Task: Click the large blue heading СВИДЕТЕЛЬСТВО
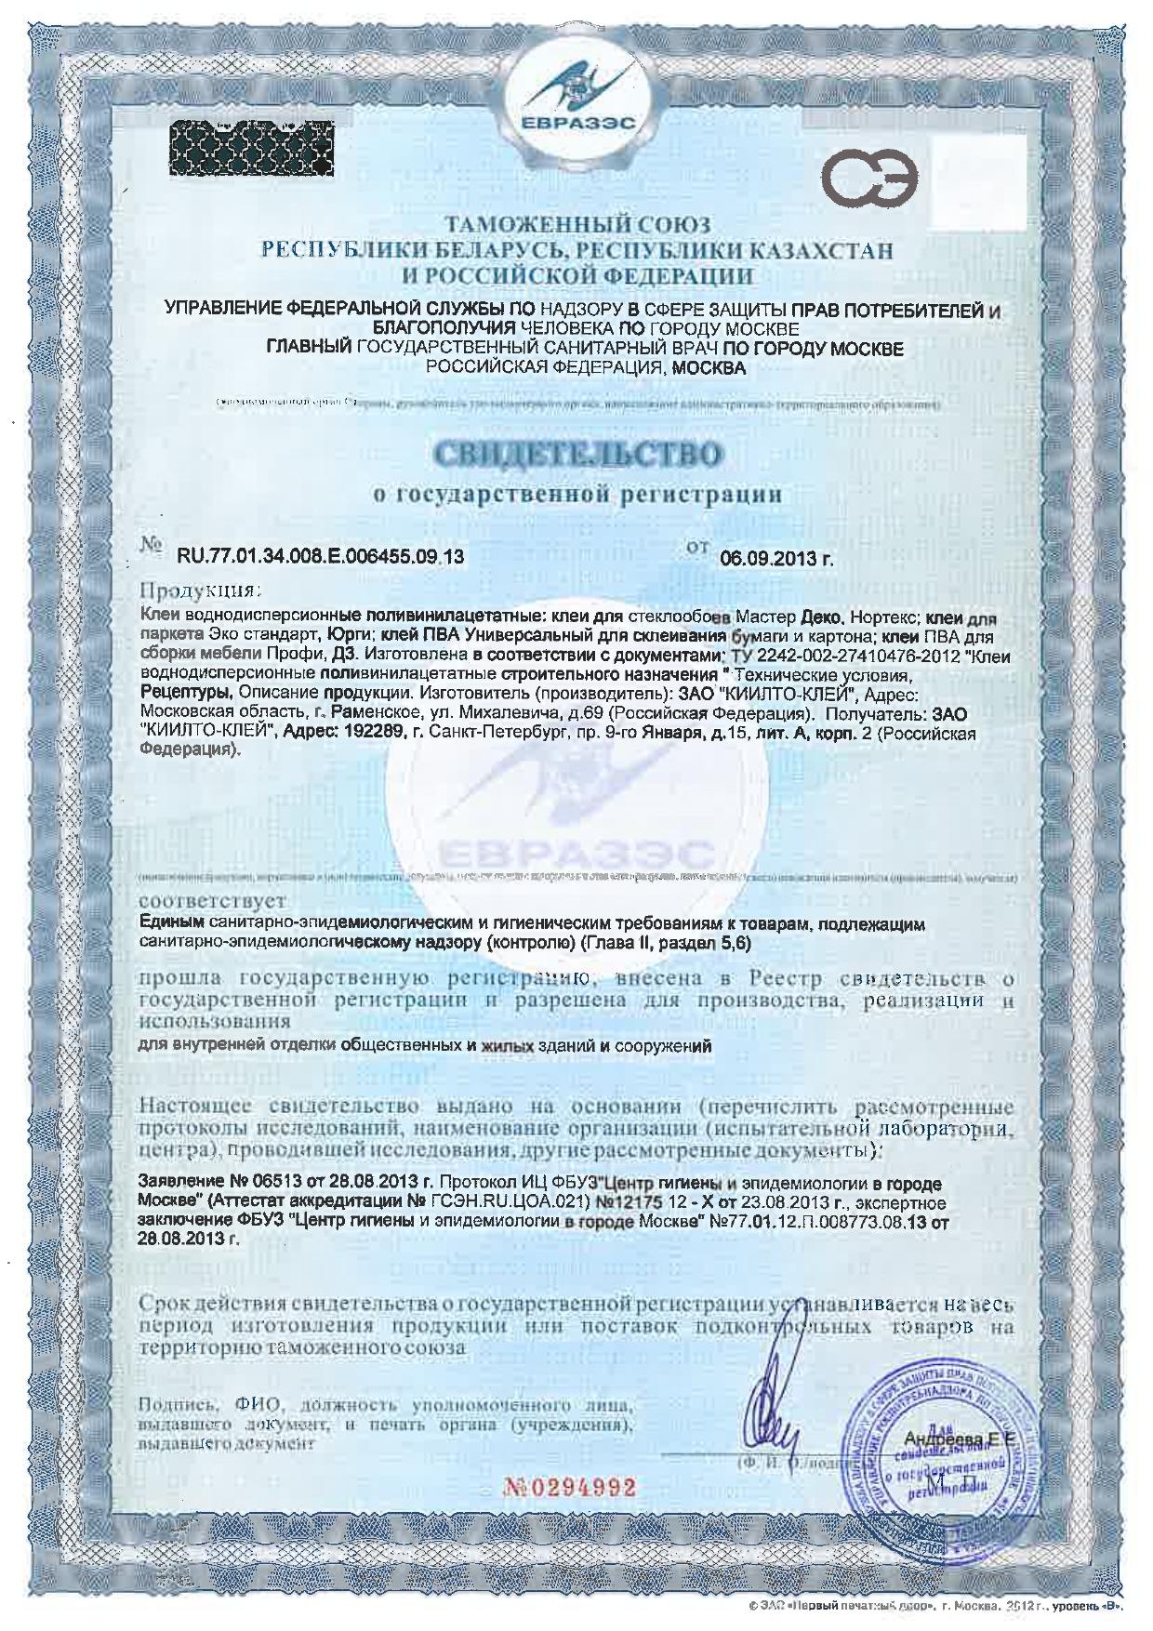(576, 456)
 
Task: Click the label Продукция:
(200, 590)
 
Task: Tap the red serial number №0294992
(569, 1487)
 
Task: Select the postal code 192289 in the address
(380, 734)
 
